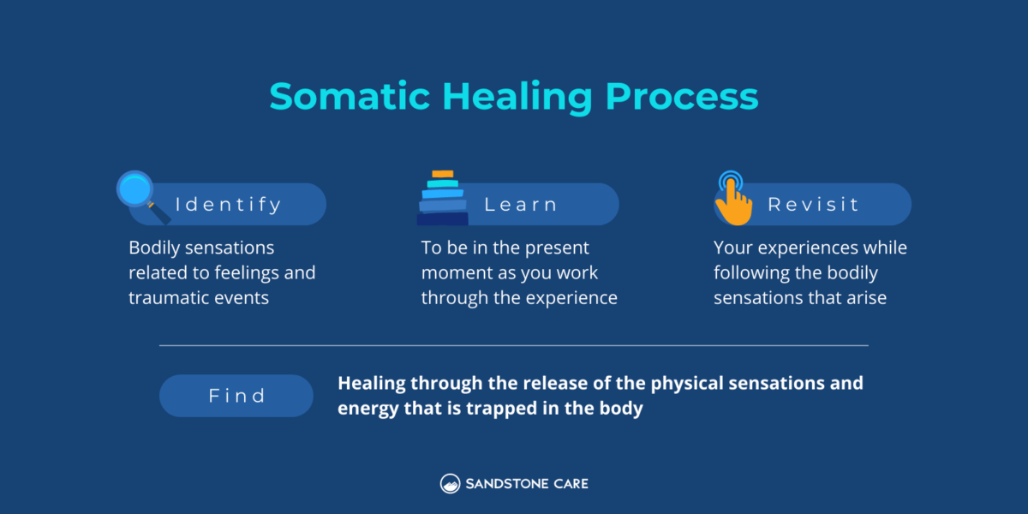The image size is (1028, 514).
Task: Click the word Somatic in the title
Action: [x=350, y=96]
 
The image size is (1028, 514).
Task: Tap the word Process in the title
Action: [x=682, y=96]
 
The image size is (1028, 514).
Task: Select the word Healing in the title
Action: [x=517, y=98]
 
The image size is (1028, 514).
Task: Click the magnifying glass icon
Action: [x=143, y=197]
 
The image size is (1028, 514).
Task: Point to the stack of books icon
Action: [x=442, y=198]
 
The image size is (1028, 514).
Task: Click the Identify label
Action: [x=228, y=205]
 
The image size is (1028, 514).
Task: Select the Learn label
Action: [x=521, y=205]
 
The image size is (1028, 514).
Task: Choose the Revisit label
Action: [x=813, y=204]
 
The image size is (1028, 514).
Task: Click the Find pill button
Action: [x=236, y=396]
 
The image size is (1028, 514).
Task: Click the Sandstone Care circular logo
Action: [x=450, y=484]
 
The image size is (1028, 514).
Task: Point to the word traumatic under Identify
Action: [x=169, y=298]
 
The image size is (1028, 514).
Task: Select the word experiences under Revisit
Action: [x=808, y=248]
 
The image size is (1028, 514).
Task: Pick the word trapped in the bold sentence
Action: [x=502, y=409]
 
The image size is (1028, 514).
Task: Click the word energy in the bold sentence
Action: [x=368, y=409]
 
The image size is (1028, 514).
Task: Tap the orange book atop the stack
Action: [x=443, y=174]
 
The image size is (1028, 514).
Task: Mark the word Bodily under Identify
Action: [x=154, y=248]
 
